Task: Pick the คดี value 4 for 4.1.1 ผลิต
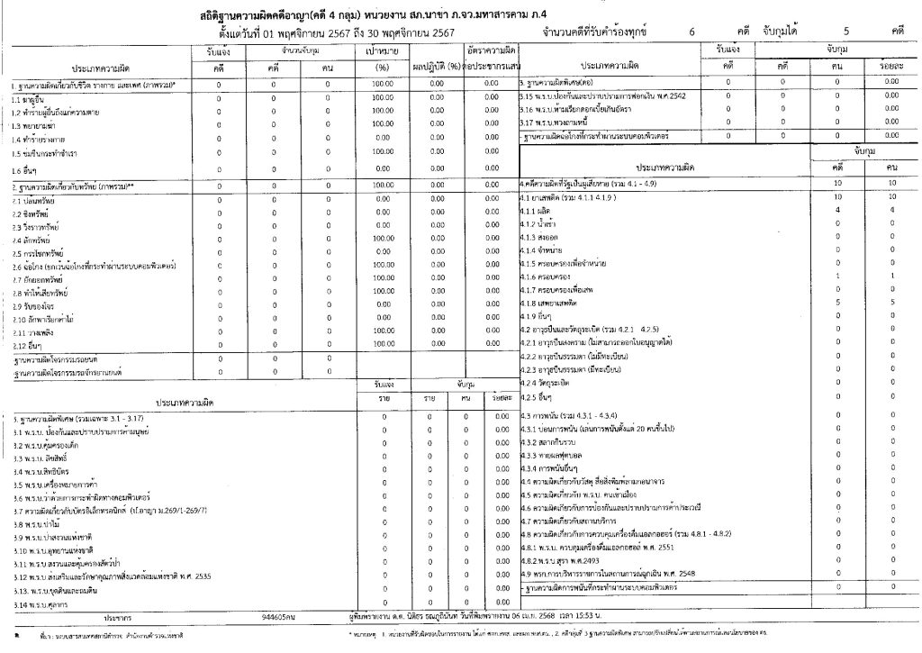point(837,209)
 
